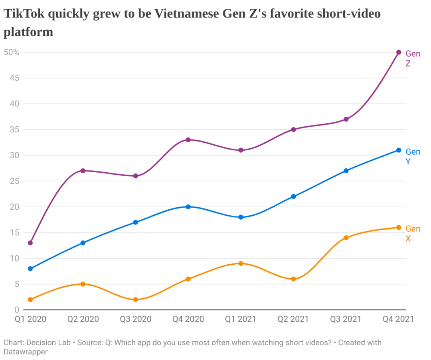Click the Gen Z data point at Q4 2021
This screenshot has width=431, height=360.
[x=399, y=52]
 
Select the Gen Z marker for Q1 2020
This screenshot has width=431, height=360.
[x=30, y=243]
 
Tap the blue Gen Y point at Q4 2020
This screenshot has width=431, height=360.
[x=188, y=207]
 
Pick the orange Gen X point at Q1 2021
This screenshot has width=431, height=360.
[x=241, y=264]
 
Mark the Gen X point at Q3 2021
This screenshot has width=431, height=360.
[x=346, y=238]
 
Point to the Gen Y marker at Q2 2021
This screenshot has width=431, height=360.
[x=293, y=197]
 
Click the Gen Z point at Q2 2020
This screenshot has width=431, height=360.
[x=83, y=171]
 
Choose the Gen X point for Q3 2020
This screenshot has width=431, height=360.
[x=136, y=299]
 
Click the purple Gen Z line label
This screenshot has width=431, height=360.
[x=413, y=59]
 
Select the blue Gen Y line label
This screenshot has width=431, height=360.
[x=413, y=157]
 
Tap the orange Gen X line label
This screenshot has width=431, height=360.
[x=413, y=234]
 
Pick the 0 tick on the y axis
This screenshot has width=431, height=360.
[x=17, y=310]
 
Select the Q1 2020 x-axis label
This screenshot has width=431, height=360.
[x=30, y=319]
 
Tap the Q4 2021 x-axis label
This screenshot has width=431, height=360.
[x=398, y=319]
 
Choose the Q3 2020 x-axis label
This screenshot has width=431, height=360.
[x=136, y=319]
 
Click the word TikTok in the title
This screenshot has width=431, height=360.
[x=24, y=14]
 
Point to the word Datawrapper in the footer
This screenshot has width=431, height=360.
[x=26, y=352]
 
